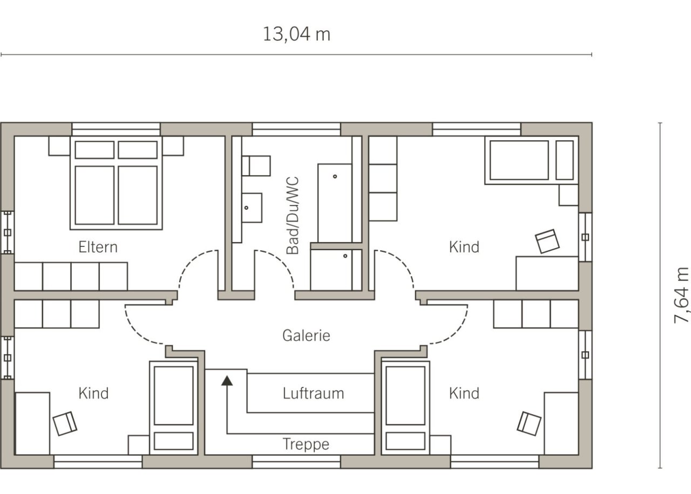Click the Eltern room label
(x=98, y=247)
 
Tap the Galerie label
(x=306, y=335)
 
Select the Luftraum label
(x=313, y=394)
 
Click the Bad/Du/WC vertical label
(x=293, y=215)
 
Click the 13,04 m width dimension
(x=296, y=34)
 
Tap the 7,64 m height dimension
(x=681, y=296)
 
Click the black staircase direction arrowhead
(x=227, y=381)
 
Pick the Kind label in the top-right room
(x=464, y=247)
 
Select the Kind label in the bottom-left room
(x=93, y=394)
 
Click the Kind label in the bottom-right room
(x=464, y=394)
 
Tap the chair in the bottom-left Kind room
(x=65, y=424)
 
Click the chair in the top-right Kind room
(x=547, y=241)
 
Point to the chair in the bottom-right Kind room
(x=529, y=424)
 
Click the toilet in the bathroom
(x=256, y=166)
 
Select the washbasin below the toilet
(x=252, y=208)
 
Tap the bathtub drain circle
(x=335, y=176)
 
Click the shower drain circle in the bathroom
(x=345, y=256)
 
